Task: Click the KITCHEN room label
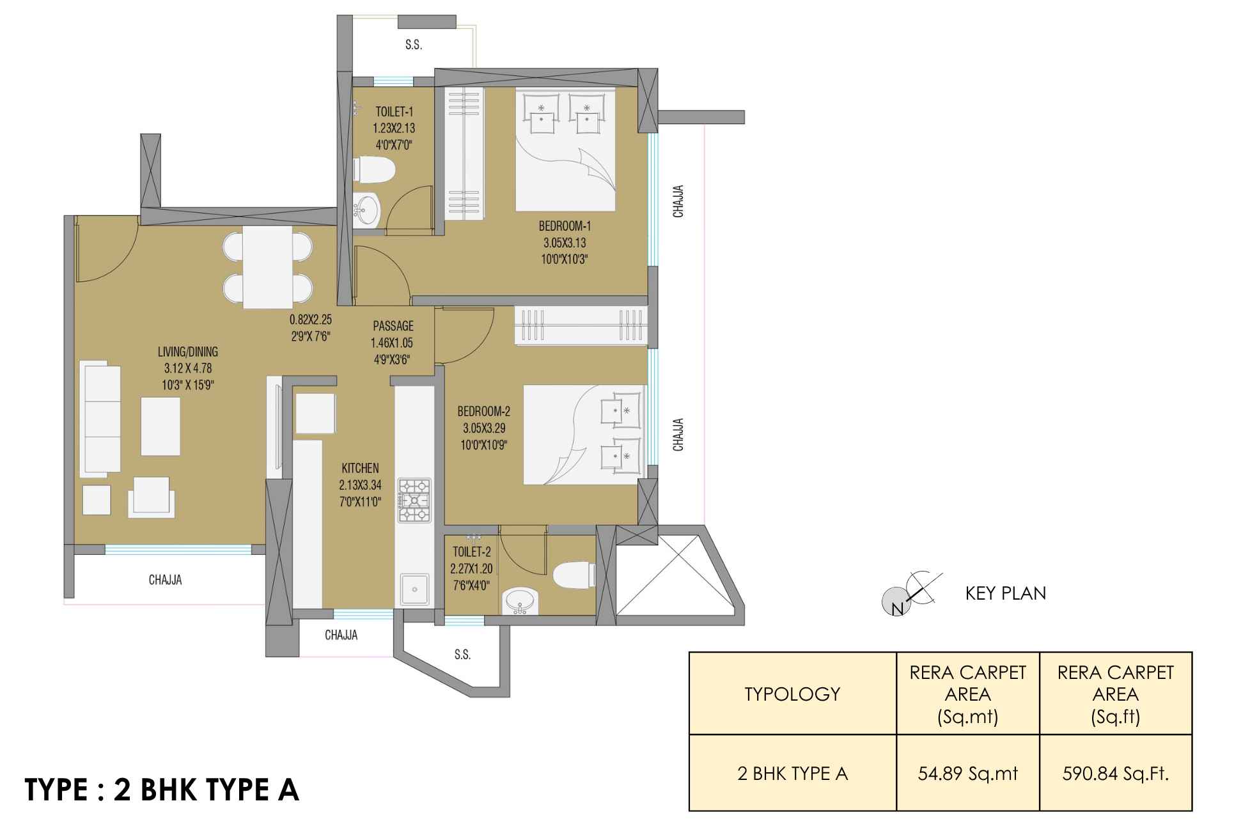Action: [x=360, y=469]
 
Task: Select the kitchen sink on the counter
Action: [x=414, y=589]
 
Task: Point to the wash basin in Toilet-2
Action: [x=521, y=601]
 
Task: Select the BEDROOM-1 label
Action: [x=565, y=226]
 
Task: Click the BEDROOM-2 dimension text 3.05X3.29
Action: [x=484, y=428]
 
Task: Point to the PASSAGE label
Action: [x=393, y=326]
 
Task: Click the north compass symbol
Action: [x=912, y=594]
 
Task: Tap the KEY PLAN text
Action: [x=1006, y=593]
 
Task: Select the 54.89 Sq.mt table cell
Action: [x=968, y=774]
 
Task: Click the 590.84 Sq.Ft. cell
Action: [x=1116, y=774]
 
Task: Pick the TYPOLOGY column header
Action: [x=792, y=694]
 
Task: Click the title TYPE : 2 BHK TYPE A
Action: [x=162, y=790]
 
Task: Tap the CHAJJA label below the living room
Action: [x=165, y=580]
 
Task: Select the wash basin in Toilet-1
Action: [x=367, y=208]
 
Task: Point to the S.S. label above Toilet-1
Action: [x=413, y=45]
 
